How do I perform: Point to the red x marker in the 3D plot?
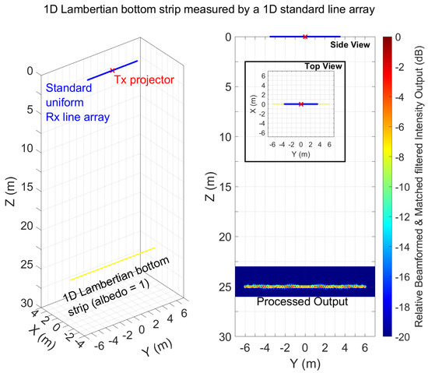[113, 70]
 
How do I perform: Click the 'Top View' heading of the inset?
[322, 67]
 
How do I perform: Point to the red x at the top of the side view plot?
[304, 37]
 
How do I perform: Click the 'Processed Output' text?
[305, 301]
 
